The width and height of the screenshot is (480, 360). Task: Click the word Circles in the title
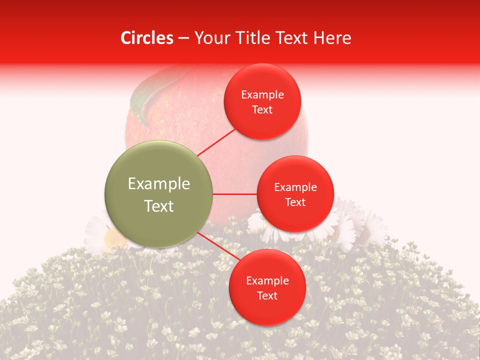click(x=146, y=38)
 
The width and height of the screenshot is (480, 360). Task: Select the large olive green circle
click(x=158, y=193)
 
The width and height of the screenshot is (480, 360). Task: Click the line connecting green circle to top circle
click(x=217, y=142)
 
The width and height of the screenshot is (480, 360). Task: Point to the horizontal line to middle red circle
click(x=235, y=194)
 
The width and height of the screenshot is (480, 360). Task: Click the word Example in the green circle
click(x=158, y=184)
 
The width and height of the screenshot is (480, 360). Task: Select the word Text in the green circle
click(x=158, y=206)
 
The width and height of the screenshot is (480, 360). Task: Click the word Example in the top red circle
click(x=262, y=94)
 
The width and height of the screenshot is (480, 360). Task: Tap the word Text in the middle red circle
click(x=295, y=202)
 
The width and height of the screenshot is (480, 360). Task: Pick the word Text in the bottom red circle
click(x=267, y=295)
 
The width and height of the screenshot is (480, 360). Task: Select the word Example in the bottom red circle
click(x=267, y=280)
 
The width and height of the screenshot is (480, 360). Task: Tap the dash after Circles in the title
click(x=183, y=38)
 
